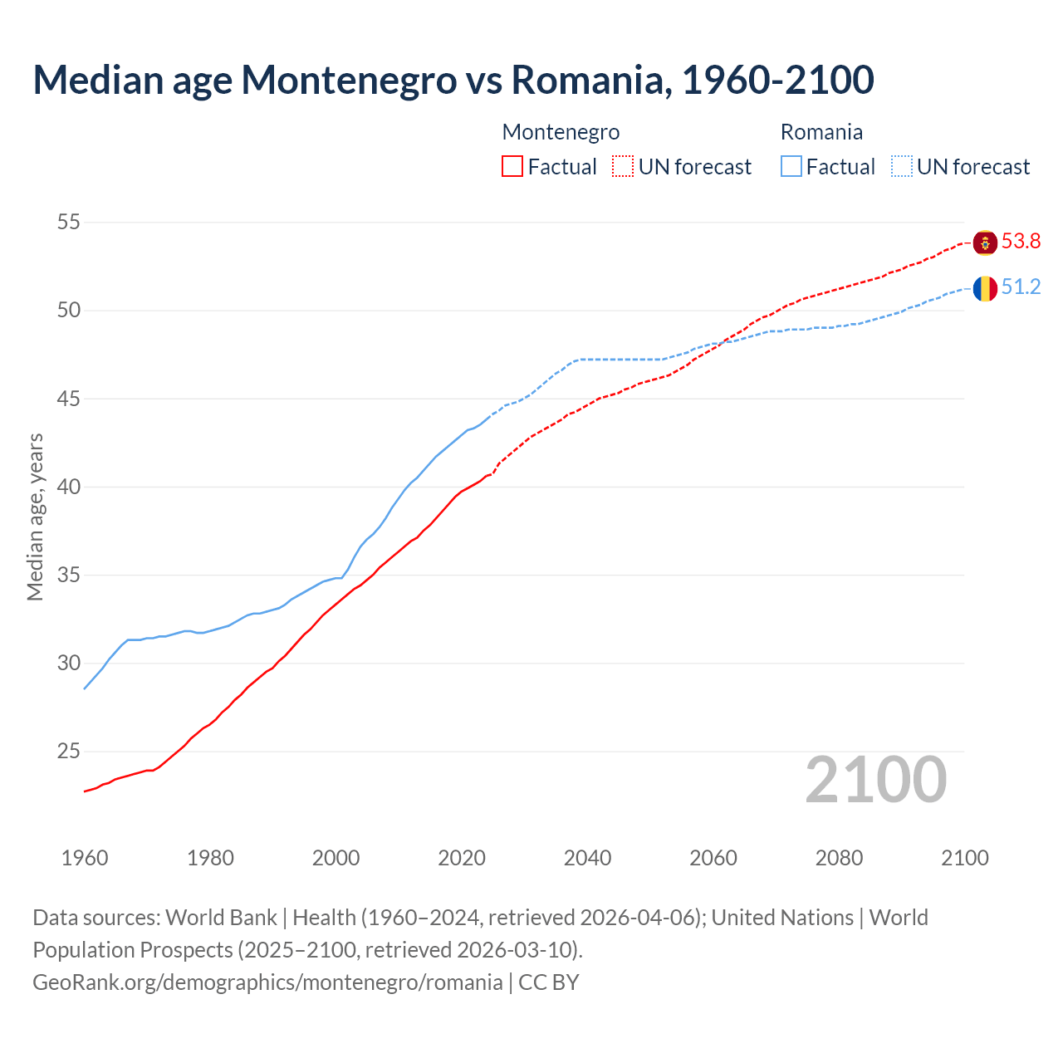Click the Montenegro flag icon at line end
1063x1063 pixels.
pyautogui.click(x=985, y=242)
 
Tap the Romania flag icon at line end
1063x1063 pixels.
pyautogui.click(x=985, y=288)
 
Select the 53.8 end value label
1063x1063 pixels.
pyautogui.click(x=1021, y=242)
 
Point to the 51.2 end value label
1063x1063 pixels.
pyautogui.click(x=1021, y=287)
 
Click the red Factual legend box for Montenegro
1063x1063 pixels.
pyautogui.click(x=512, y=167)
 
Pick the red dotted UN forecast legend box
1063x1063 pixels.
pyautogui.click(x=623, y=167)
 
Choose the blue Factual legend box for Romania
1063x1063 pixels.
pyautogui.click(x=791, y=167)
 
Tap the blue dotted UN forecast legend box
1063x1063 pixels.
pyautogui.click(x=901, y=167)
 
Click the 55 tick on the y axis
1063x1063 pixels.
pyautogui.click(x=69, y=223)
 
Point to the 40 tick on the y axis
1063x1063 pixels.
pyautogui.click(x=69, y=487)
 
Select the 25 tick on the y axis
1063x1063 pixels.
pyautogui.click(x=69, y=752)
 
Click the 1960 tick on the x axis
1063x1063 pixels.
pyautogui.click(x=85, y=858)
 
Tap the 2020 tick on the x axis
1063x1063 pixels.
pyautogui.click(x=462, y=858)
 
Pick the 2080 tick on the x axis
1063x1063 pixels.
pyautogui.click(x=839, y=858)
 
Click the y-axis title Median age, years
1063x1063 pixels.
pyautogui.click(x=35, y=517)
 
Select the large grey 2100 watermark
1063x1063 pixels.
pyautogui.click(x=875, y=780)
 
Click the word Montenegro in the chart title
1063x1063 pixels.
pyautogui.click(x=350, y=80)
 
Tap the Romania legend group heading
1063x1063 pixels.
pyautogui.click(x=821, y=132)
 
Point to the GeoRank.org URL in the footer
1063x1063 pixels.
pyautogui.click(x=267, y=982)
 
